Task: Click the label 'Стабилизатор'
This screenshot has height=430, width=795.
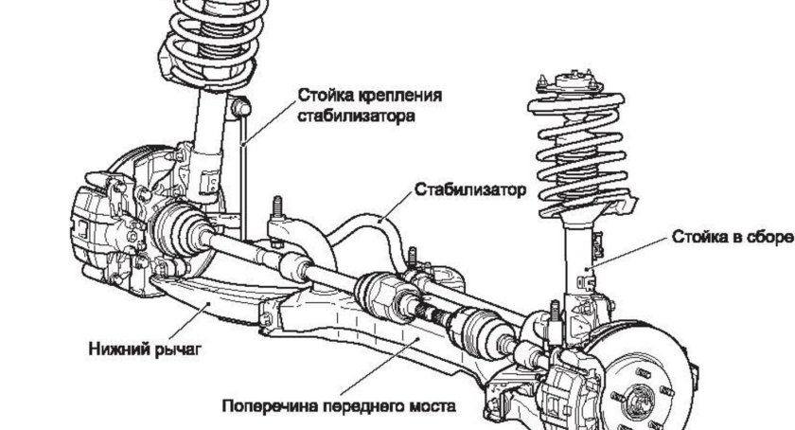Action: point(468,188)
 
